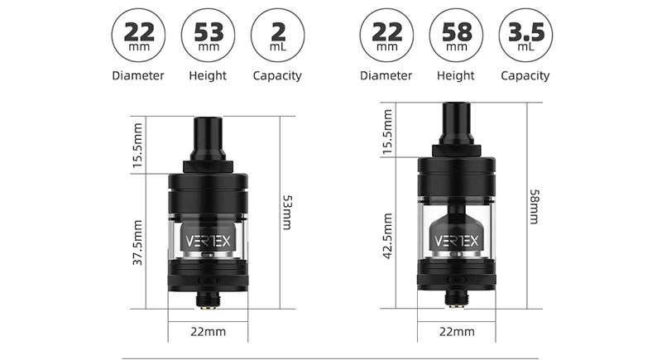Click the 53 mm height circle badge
[209, 35]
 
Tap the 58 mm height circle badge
[456, 35]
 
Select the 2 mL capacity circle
[277, 35]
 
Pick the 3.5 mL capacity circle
[525, 35]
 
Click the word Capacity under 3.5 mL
[525, 76]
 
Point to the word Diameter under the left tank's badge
[138, 76]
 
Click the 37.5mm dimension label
[138, 242]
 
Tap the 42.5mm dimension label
[388, 236]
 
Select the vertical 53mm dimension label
[287, 212]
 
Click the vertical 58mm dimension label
[535, 207]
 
